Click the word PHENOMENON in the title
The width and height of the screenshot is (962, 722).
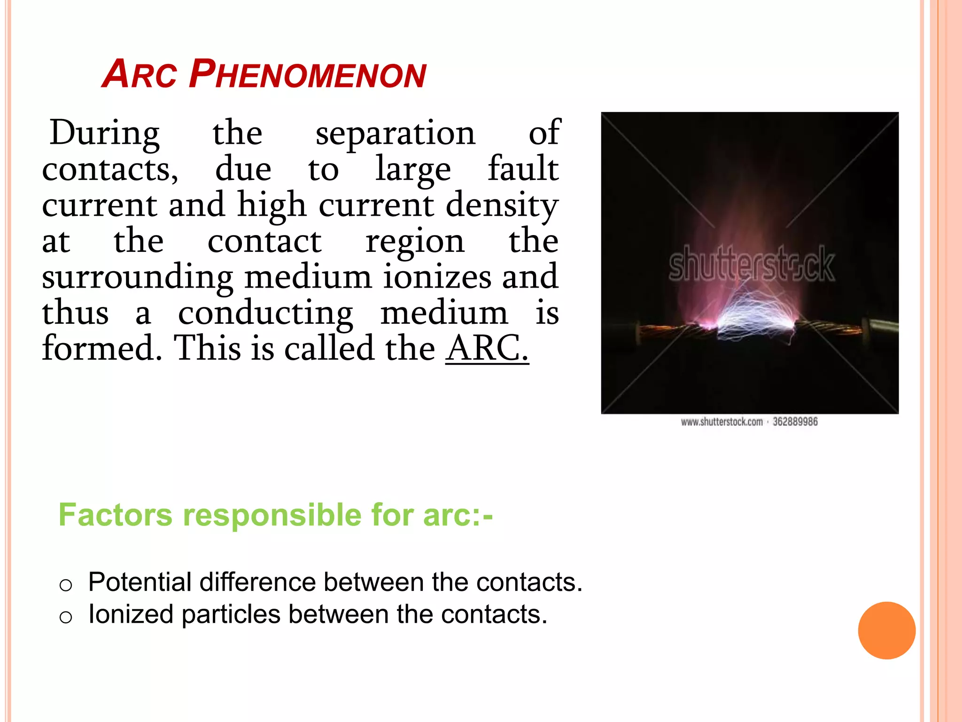tap(308, 75)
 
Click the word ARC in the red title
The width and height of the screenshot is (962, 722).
tap(139, 75)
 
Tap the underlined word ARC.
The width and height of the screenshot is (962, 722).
tap(487, 349)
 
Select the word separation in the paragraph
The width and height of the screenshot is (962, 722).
tap(396, 133)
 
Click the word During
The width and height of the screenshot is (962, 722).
tap(104, 133)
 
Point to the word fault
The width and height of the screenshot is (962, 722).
tap(523, 169)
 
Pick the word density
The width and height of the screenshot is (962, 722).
tap(502, 205)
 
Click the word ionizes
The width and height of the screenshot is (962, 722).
tap(436, 277)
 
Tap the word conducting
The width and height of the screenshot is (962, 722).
tap(265, 314)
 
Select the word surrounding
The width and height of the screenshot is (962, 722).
tap(137, 278)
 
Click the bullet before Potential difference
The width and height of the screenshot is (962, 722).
tap(66, 585)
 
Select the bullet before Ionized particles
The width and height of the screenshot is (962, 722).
tap(66, 617)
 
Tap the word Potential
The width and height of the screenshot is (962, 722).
tap(140, 582)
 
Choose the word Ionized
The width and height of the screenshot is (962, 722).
tap(131, 614)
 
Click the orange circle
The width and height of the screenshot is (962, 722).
tap(886, 630)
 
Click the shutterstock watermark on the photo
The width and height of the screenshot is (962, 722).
tap(751, 264)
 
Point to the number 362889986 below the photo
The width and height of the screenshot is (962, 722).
tap(795, 422)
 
